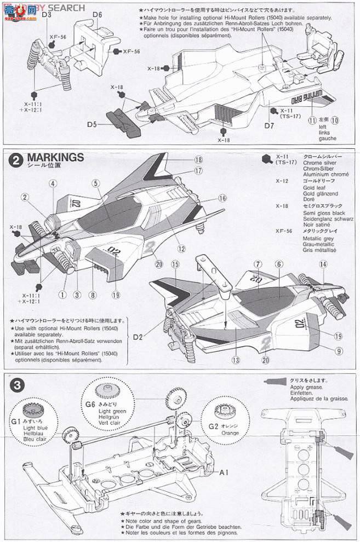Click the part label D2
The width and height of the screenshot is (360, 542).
point(138,336)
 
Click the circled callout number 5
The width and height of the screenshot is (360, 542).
point(95,183)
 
